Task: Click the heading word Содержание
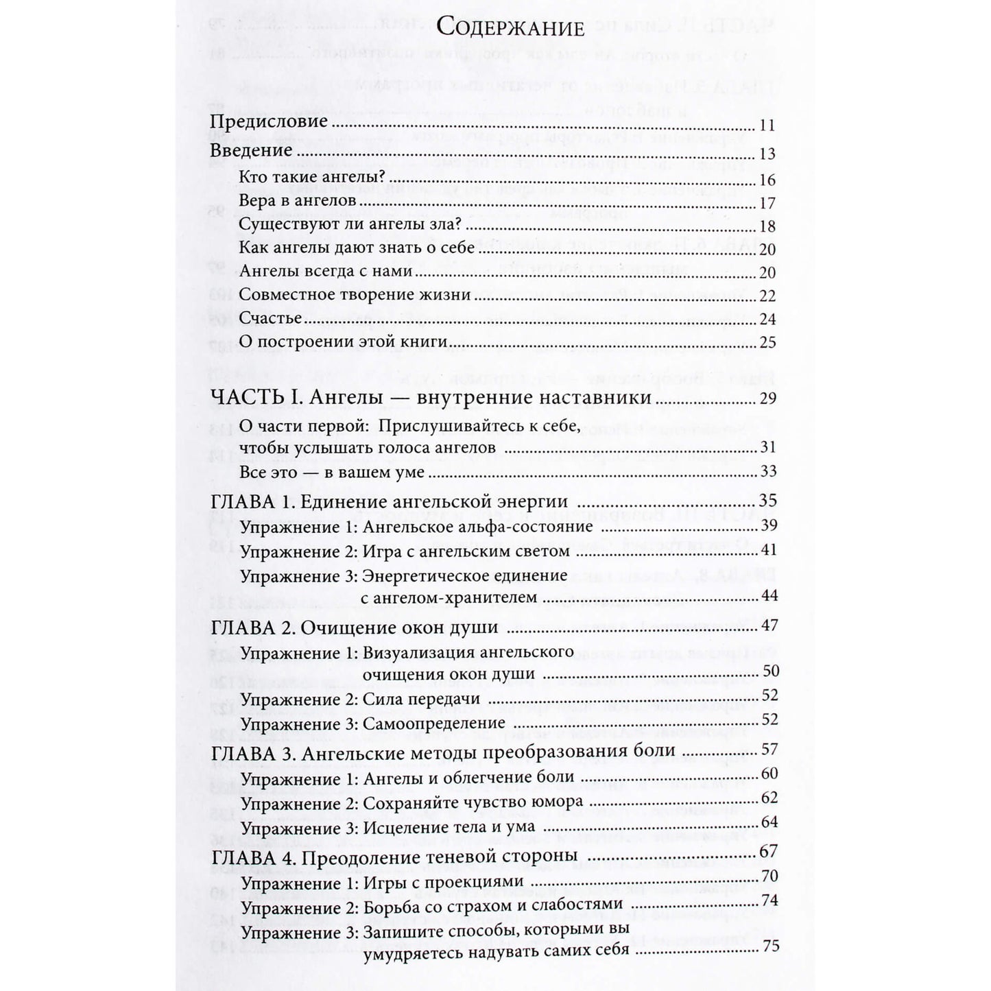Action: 510,29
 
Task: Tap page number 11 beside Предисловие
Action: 767,126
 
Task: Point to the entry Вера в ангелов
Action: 298,202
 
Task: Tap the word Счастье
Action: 271,318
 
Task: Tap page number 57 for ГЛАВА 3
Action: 768,750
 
